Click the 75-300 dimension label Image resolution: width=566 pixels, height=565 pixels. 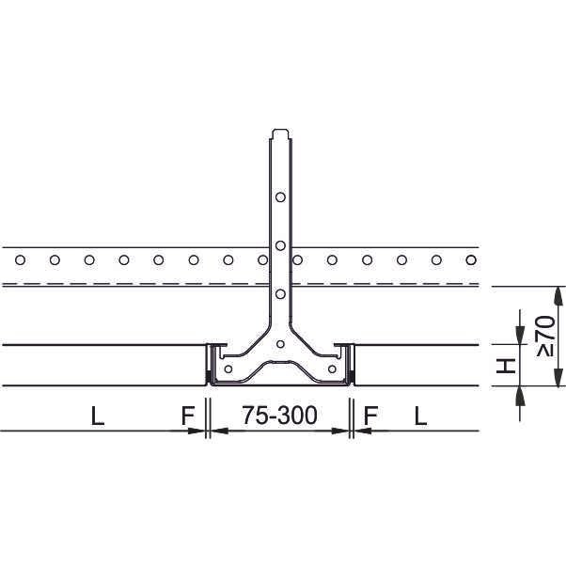point(280,416)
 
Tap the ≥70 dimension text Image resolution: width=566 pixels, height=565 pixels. point(545,336)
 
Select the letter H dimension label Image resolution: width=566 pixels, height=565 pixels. point(506,366)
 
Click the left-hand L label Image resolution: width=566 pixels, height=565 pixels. point(98,416)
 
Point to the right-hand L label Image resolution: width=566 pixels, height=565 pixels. point(420,416)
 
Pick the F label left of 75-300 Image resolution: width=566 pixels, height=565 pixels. point(188,416)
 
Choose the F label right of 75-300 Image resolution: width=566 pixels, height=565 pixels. point(370,416)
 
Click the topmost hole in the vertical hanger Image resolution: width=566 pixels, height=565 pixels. point(280,197)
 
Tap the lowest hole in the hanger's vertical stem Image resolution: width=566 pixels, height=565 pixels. point(280,294)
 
